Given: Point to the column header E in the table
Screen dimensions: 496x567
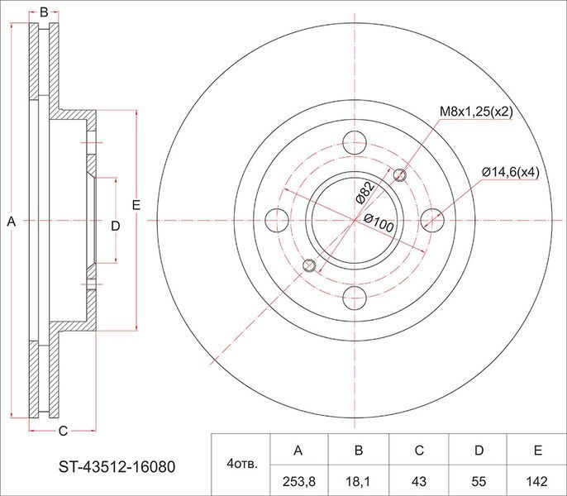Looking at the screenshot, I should (x=537, y=451).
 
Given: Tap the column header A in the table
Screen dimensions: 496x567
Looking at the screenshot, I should (x=298, y=451).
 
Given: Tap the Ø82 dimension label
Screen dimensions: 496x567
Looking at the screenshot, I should (x=364, y=193).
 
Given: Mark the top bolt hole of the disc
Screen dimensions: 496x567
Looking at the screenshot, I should (x=354, y=141).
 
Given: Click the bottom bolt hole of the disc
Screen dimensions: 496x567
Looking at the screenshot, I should (x=354, y=298).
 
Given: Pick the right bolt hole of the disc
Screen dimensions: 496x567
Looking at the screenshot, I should (x=432, y=220).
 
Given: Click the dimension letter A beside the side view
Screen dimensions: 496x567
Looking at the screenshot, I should (x=11, y=222).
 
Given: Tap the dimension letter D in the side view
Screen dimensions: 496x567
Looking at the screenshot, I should (x=116, y=226).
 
